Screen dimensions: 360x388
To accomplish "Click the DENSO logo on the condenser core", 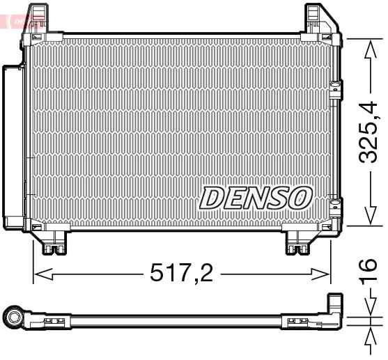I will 255,198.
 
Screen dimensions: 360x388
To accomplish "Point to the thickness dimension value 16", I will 370,273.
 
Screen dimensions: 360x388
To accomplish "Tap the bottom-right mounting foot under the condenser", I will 300,242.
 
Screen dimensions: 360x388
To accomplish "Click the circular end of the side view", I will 13,319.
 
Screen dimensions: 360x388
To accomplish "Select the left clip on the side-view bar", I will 52,321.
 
